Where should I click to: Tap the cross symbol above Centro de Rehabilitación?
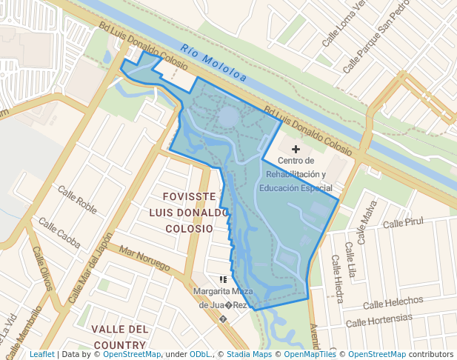pos(296,150)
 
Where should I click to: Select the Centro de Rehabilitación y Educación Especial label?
pos(296,174)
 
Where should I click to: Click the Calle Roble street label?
pos(78,199)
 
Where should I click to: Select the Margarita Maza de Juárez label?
pos(221,298)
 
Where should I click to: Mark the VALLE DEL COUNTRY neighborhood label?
pos(119,336)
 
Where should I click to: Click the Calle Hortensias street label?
pos(379,320)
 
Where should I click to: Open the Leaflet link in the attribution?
pos(41,354)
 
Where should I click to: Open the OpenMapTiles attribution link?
pos(310,354)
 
